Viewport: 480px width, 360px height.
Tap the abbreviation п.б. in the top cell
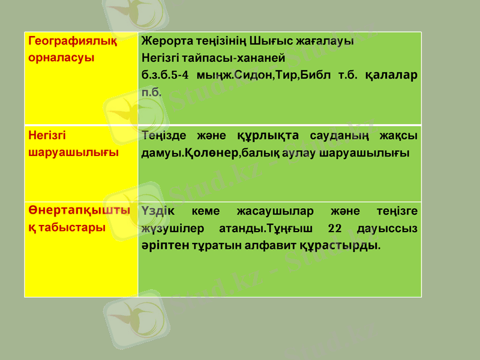(x=151, y=92)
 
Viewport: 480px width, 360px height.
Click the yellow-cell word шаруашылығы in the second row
(x=73, y=152)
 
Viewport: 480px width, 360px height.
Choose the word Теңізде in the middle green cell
(x=163, y=136)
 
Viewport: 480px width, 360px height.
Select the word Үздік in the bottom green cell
(x=159, y=211)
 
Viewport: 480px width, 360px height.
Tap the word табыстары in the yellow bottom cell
(x=71, y=228)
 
